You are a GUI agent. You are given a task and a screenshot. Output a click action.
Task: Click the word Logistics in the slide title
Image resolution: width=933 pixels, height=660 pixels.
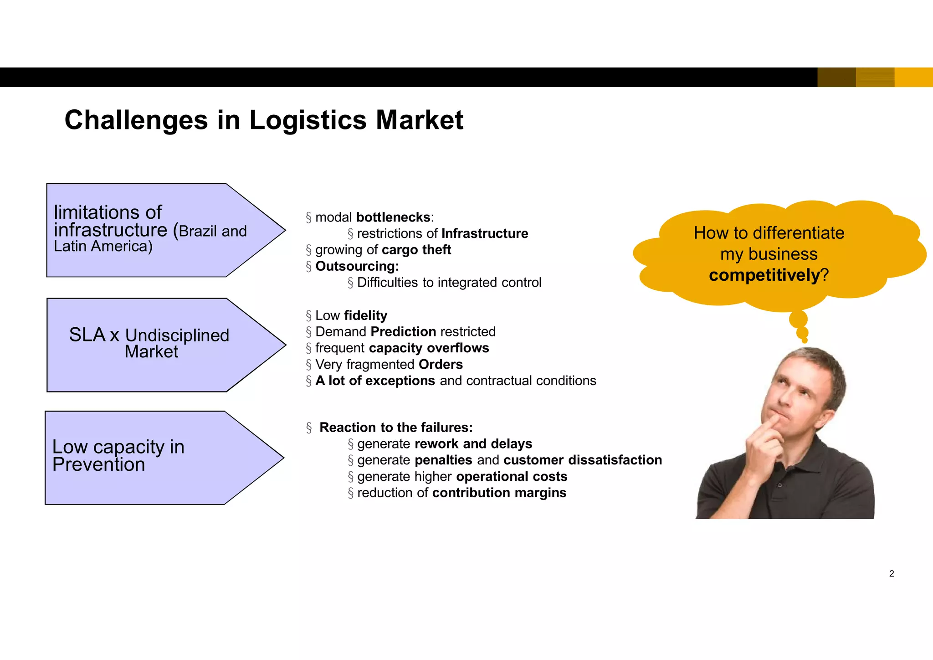click(x=308, y=120)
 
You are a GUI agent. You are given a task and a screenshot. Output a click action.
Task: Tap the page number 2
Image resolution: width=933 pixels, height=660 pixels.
click(x=892, y=574)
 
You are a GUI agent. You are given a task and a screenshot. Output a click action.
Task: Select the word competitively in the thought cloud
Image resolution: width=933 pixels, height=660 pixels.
click(x=764, y=275)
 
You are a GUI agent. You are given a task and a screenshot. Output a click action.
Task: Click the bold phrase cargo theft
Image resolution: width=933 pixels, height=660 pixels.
click(x=416, y=250)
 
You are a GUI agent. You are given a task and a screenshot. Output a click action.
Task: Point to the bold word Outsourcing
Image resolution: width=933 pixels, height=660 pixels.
click(x=357, y=266)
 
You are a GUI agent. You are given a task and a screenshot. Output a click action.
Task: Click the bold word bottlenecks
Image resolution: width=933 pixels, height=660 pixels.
click(x=393, y=217)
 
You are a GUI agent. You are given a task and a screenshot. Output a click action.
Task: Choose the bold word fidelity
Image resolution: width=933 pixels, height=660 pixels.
click(x=366, y=315)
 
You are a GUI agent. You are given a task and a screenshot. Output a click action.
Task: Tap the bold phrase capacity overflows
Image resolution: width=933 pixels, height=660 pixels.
click(x=429, y=348)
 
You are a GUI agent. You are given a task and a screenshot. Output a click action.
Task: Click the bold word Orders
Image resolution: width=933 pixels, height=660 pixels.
click(x=441, y=365)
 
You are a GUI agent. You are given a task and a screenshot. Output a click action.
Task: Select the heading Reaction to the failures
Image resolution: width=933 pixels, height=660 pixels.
click(x=396, y=428)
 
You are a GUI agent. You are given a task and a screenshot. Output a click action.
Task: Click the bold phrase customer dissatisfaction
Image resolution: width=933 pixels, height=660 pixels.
click(x=583, y=460)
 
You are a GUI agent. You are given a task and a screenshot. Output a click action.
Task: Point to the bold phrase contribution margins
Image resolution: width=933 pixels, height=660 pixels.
click(x=499, y=493)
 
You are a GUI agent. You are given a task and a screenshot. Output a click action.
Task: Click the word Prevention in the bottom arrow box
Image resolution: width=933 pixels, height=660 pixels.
click(x=99, y=465)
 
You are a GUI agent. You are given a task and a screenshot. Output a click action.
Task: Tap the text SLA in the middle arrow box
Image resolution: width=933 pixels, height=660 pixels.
click(x=87, y=335)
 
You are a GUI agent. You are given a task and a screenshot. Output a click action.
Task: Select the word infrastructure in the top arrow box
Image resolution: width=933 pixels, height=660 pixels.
click(x=111, y=230)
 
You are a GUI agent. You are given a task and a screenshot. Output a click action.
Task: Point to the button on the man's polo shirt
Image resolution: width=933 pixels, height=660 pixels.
click(x=779, y=485)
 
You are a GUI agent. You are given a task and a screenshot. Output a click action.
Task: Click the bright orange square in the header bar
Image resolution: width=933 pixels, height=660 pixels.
click(x=913, y=77)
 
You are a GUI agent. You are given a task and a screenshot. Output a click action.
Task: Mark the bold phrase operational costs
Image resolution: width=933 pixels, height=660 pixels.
click(x=512, y=477)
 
